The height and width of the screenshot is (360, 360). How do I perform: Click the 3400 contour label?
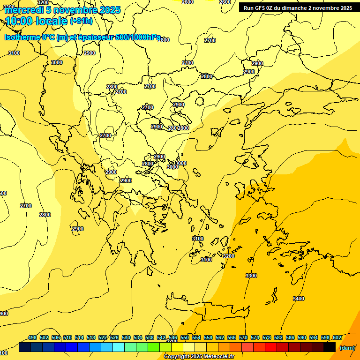pos(298,299)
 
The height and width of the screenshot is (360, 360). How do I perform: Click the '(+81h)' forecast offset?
pos(81,21)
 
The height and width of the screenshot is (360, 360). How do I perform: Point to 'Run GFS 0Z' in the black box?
pos(257,8)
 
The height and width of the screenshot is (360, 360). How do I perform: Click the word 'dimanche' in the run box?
pos(292,8)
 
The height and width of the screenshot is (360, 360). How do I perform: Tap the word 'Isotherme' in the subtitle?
pos(22,37)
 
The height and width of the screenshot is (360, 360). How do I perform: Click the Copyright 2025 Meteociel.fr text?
pos(199,356)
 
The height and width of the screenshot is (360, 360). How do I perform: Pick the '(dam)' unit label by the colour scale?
pos(347,348)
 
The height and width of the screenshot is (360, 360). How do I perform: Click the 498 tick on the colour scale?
pos(32,337)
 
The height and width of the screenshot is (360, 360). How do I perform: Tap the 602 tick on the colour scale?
pos(337,337)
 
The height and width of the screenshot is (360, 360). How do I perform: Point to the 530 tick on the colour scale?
pos(126,337)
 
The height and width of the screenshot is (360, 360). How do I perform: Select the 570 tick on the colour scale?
pos(243,337)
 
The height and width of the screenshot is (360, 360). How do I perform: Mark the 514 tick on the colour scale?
pos(79,337)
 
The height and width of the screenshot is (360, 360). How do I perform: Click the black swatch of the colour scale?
pos(330,347)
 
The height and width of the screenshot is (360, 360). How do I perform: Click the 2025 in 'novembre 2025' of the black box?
pos(346,8)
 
